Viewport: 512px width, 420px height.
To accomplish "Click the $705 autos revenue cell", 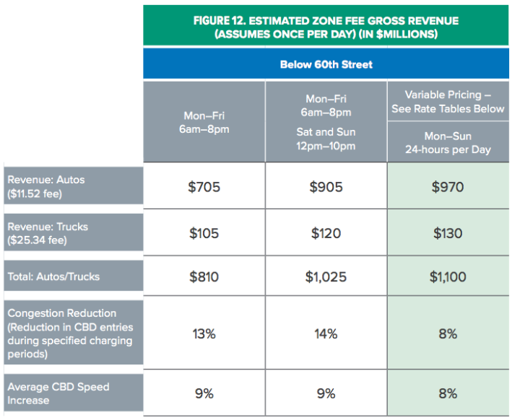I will pyautogui.click(x=204, y=188).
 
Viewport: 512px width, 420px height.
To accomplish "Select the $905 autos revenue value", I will pyautogui.click(x=326, y=188).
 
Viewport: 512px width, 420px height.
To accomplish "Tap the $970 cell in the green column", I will pyautogui.click(x=448, y=188).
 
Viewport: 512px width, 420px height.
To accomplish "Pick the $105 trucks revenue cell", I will pyautogui.click(x=204, y=233).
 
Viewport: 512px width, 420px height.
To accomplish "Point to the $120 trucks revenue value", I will pyautogui.click(x=326, y=233).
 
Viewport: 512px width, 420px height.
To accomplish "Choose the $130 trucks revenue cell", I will pyautogui.click(x=448, y=233).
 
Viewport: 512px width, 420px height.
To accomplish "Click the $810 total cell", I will pyautogui.click(x=204, y=276).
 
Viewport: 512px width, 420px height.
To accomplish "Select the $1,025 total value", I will pyautogui.click(x=326, y=276).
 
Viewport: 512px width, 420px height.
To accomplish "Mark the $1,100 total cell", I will pyautogui.click(x=448, y=276).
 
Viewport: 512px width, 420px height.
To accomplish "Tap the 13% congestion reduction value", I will pyautogui.click(x=204, y=333).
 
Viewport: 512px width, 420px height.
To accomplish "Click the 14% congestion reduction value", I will pyautogui.click(x=326, y=333).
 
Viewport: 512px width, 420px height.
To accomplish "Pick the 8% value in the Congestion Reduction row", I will pyautogui.click(x=448, y=333).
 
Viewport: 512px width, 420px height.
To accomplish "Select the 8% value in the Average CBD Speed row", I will pyautogui.click(x=448, y=393).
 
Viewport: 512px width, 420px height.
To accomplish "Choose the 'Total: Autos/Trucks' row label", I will pyautogui.click(x=53, y=276).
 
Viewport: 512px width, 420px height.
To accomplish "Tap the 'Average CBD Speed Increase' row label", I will pyautogui.click(x=58, y=393).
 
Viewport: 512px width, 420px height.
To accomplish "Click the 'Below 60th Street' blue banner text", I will pyautogui.click(x=326, y=64).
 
